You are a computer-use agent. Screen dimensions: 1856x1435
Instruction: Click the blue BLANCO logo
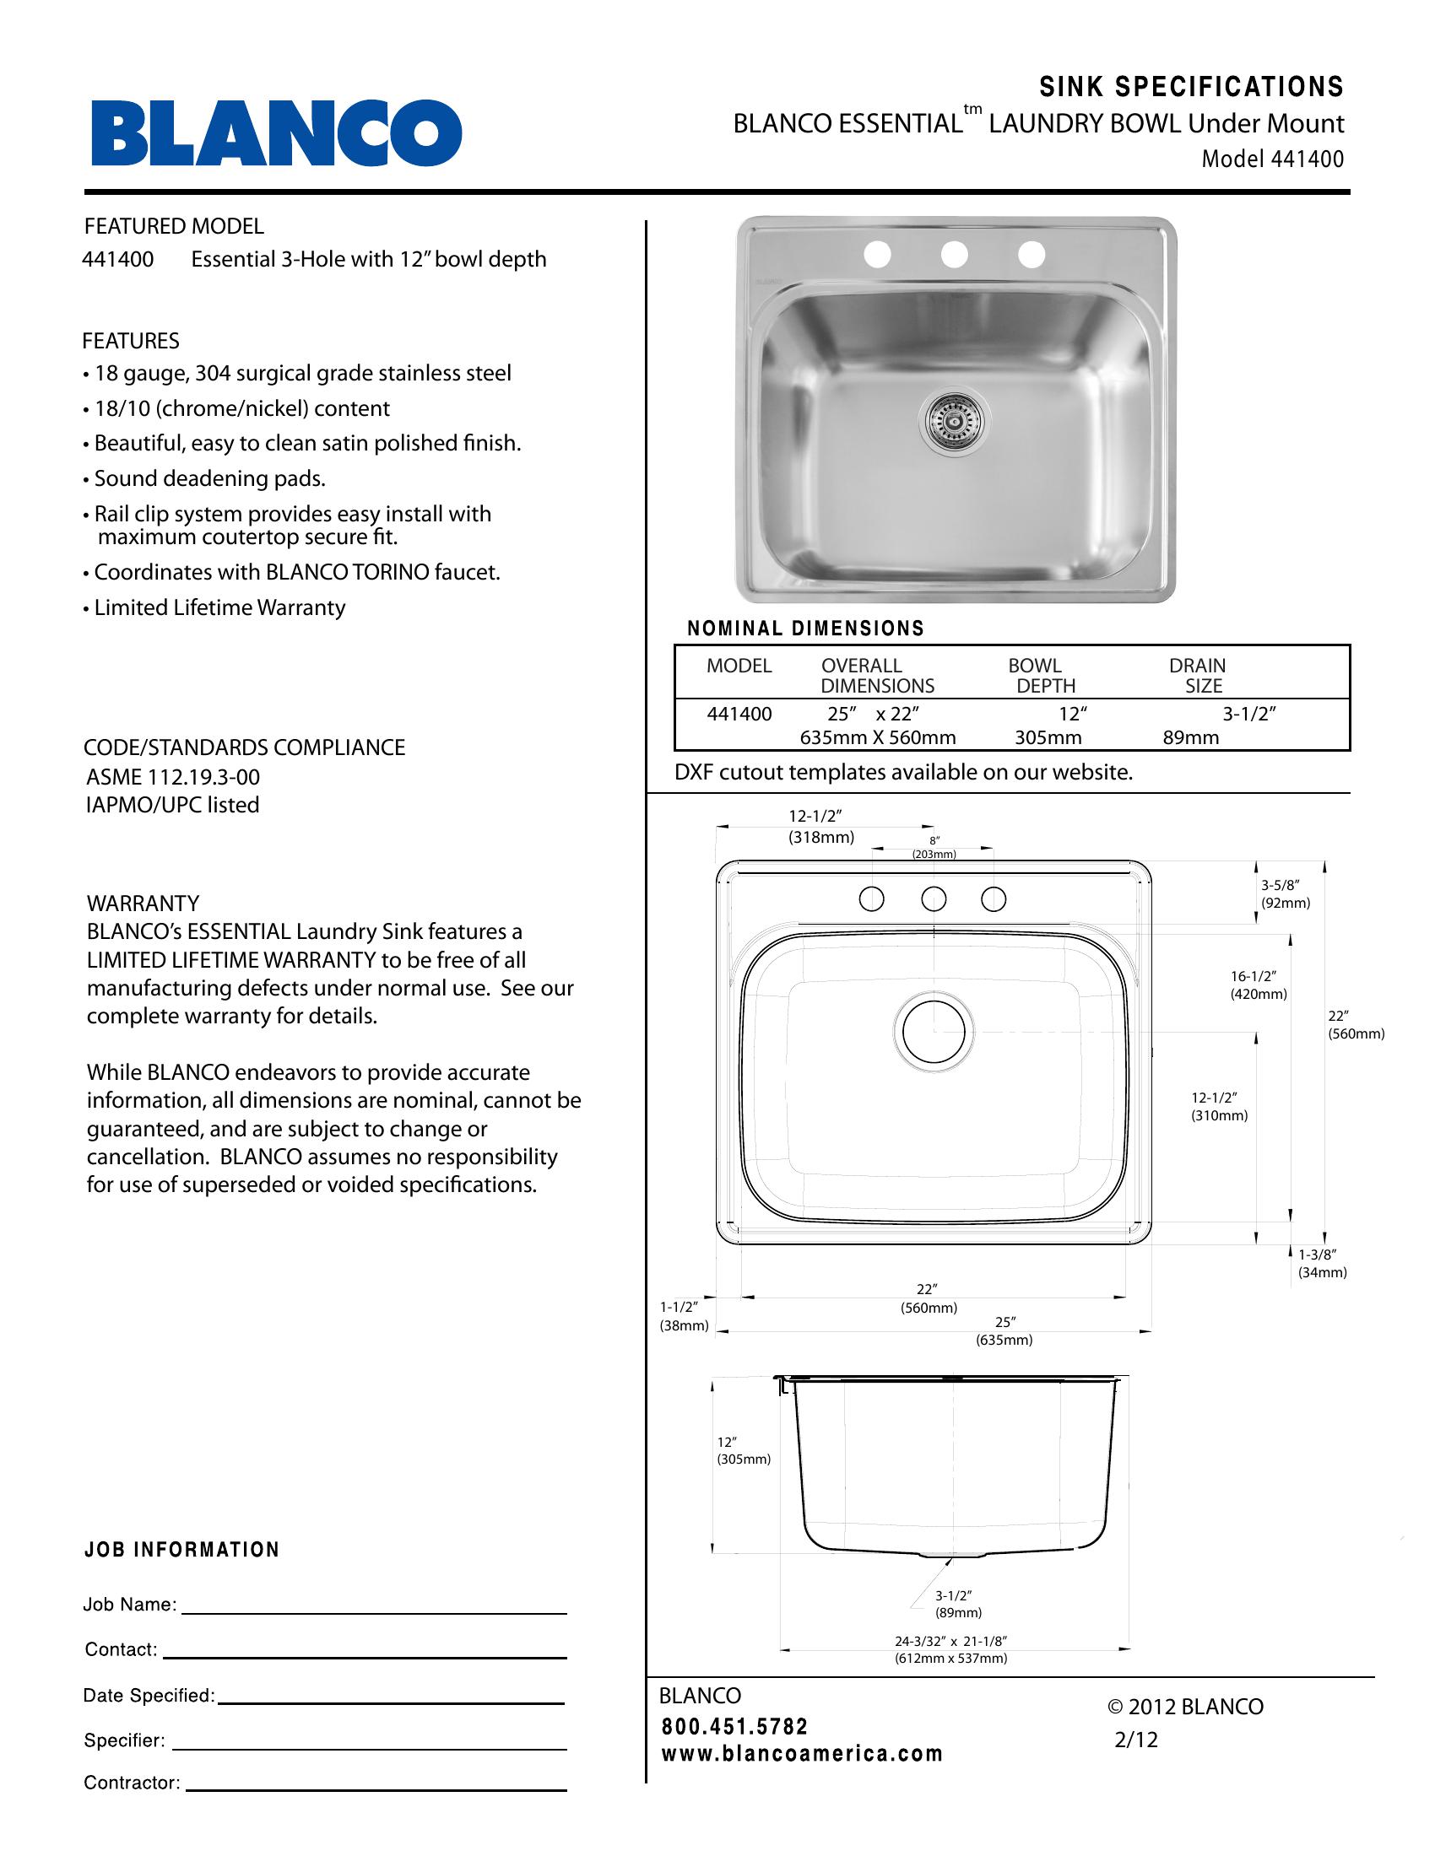(276, 133)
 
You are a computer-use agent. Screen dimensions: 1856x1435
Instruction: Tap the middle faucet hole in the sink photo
(955, 253)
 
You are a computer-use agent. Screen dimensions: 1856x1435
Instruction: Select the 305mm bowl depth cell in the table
(1048, 737)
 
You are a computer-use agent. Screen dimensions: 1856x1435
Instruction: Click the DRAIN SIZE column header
(1198, 676)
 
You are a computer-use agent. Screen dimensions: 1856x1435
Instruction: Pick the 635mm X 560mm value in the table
(877, 737)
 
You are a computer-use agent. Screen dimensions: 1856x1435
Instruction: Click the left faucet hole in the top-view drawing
(871, 898)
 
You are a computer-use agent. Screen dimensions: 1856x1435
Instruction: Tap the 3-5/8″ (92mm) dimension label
(1285, 894)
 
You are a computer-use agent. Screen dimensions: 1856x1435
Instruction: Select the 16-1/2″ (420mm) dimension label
(1259, 985)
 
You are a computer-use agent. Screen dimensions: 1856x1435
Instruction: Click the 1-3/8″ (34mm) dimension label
(1321, 1263)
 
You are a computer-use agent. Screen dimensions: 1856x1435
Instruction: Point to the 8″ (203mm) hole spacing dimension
(934, 847)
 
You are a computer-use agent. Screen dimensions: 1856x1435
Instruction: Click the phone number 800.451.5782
(734, 1726)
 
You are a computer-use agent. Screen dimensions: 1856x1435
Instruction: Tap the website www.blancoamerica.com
(802, 1754)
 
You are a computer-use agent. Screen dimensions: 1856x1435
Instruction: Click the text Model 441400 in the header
(1273, 159)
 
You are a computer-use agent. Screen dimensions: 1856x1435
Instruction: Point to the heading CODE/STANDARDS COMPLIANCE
(244, 747)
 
